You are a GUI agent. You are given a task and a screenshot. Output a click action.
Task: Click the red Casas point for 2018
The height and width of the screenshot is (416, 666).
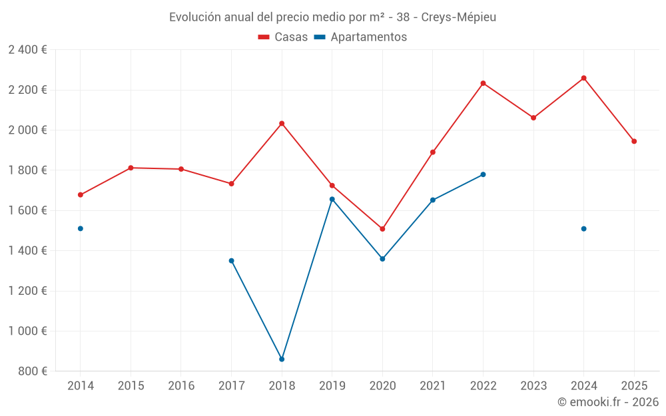[x=282, y=124]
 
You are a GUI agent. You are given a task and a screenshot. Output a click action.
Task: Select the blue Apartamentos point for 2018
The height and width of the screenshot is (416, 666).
[x=282, y=359]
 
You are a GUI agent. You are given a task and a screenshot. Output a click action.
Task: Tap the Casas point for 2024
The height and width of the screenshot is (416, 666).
[x=584, y=78]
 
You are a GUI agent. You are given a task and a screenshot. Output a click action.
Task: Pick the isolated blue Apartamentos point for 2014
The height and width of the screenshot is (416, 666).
[x=81, y=228]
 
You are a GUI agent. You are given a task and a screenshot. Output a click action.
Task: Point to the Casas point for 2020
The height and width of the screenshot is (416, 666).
[x=382, y=229]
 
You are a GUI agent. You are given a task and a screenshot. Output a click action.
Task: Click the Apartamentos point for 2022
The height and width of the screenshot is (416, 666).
[x=483, y=174]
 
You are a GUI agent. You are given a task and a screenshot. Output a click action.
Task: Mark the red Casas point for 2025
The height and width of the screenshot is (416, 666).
[x=634, y=141]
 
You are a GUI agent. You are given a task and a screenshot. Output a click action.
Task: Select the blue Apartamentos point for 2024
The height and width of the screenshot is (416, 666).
[x=584, y=229]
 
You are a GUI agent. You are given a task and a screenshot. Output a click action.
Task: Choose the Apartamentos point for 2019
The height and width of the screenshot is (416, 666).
[x=332, y=199]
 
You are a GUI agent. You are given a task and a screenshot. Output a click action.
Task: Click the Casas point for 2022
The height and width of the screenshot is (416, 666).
[x=483, y=83]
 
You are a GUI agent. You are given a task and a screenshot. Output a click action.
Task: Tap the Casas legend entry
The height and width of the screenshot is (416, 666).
[x=283, y=37]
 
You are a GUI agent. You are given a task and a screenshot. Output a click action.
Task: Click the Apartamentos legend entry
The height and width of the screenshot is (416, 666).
[x=360, y=37]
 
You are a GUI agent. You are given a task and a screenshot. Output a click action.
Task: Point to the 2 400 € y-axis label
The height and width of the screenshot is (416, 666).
[x=27, y=50]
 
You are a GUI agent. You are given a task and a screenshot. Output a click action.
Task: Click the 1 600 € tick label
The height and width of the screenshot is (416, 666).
[x=27, y=210]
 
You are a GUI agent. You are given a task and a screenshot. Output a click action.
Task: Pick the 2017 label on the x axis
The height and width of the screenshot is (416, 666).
[x=231, y=385]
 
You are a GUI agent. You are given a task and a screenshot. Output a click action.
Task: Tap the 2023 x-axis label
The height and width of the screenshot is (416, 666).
[x=533, y=385]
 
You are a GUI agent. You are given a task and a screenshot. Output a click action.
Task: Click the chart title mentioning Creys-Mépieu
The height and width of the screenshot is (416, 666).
[x=332, y=17]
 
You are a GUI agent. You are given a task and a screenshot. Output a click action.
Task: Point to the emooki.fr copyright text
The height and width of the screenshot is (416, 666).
[x=607, y=402]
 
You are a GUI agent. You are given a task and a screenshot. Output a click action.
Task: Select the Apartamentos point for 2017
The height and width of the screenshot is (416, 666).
[x=231, y=261]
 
